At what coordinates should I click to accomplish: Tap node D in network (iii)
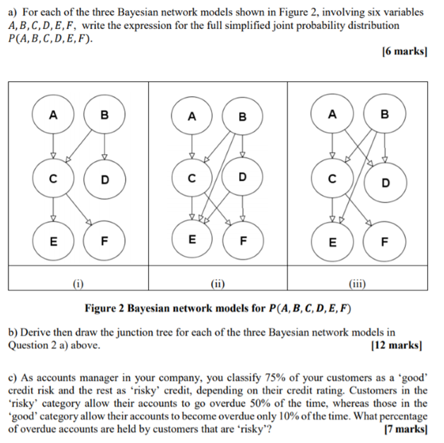tap(385, 183)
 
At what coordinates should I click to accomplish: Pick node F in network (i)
tap(104, 240)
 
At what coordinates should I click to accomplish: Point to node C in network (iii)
tap(332, 179)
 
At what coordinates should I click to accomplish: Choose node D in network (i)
tap(104, 179)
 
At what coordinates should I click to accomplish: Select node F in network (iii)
tap(385, 240)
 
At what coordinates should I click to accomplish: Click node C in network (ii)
tap(191, 179)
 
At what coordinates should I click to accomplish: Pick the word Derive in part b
tap(36, 333)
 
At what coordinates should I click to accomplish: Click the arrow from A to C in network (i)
tap(52, 148)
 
